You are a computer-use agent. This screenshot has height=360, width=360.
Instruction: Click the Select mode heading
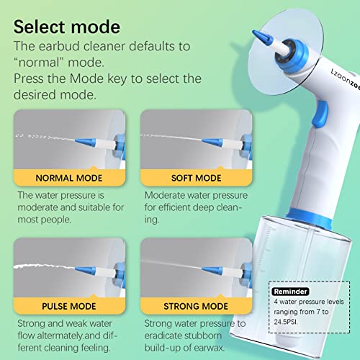(67, 27)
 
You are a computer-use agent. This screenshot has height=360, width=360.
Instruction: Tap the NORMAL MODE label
(70, 178)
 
